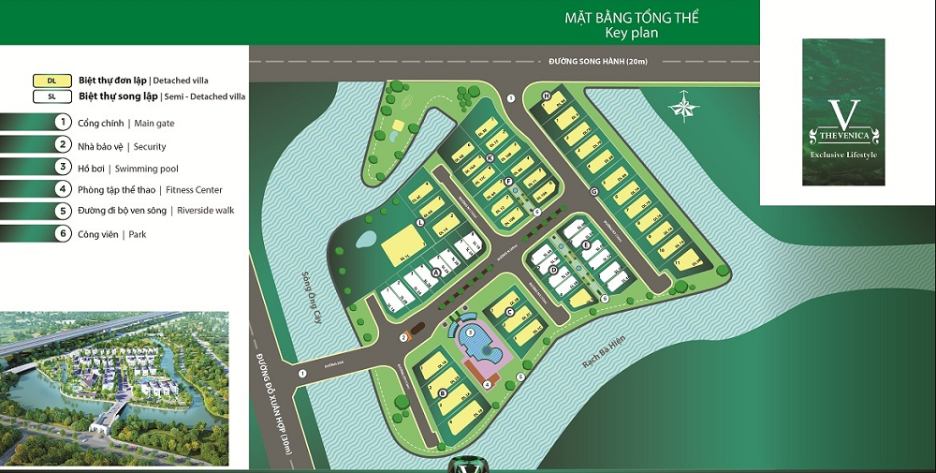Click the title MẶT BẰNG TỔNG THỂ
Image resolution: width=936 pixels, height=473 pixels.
click(631, 18)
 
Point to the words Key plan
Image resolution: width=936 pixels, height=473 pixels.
click(632, 33)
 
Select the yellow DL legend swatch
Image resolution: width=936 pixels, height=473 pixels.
click(51, 81)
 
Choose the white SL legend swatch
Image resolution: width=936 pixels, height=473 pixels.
click(51, 96)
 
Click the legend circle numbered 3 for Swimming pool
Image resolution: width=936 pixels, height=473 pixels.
click(63, 168)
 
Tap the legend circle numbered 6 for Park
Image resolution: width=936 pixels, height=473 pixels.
click(63, 234)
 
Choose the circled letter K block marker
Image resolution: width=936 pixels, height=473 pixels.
click(490, 158)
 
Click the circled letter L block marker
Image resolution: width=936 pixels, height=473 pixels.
click(421, 222)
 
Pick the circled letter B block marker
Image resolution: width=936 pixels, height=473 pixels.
click(443, 392)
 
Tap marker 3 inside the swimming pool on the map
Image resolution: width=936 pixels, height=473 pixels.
click(469, 333)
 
